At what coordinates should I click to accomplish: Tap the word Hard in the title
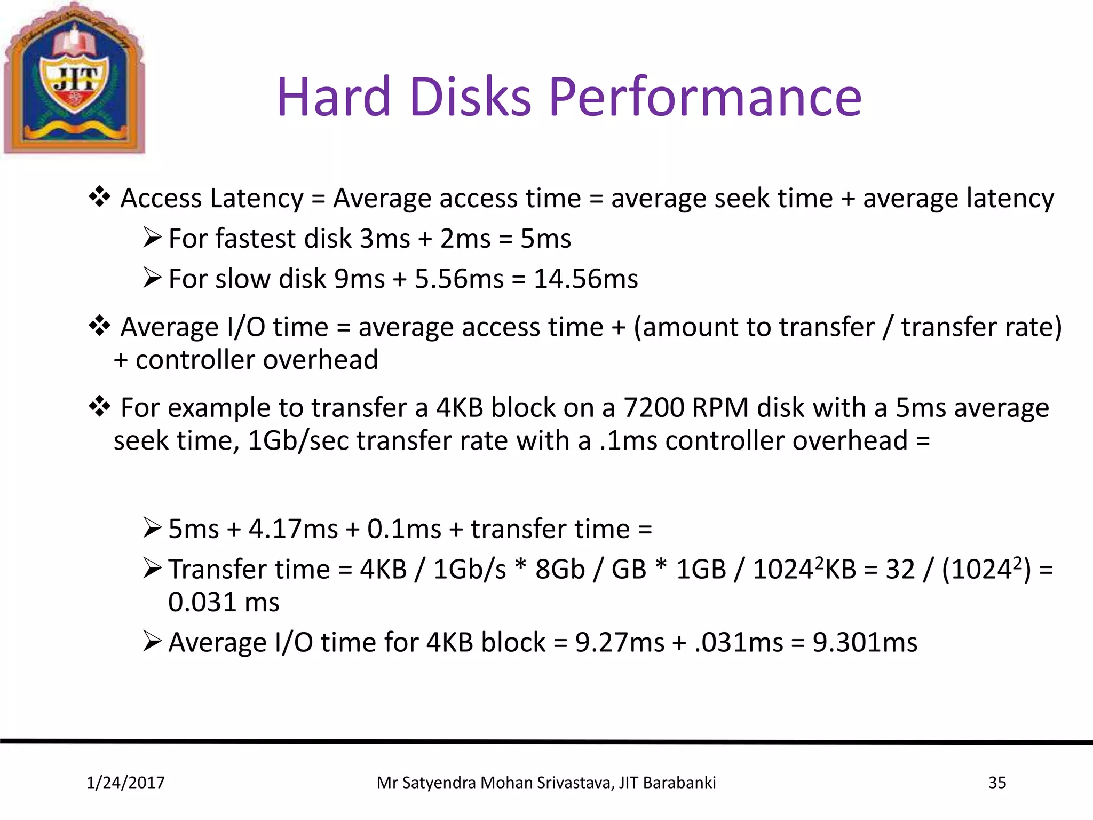[x=334, y=97]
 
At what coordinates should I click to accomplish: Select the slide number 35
[x=997, y=783]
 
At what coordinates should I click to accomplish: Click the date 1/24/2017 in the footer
[x=125, y=783]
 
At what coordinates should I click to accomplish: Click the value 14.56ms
[x=585, y=279]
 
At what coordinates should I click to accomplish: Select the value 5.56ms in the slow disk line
[x=459, y=279]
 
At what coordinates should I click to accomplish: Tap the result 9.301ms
[x=865, y=643]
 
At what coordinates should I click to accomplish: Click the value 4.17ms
[x=293, y=529]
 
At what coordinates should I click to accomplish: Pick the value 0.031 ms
[x=224, y=602]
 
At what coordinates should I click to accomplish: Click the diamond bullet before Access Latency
[x=99, y=198]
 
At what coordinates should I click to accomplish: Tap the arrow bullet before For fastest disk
[x=152, y=238]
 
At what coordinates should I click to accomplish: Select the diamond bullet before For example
[x=99, y=407]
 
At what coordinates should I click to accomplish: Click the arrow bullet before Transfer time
[x=152, y=569]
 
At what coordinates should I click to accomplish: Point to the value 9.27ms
[x=619, y=643]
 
